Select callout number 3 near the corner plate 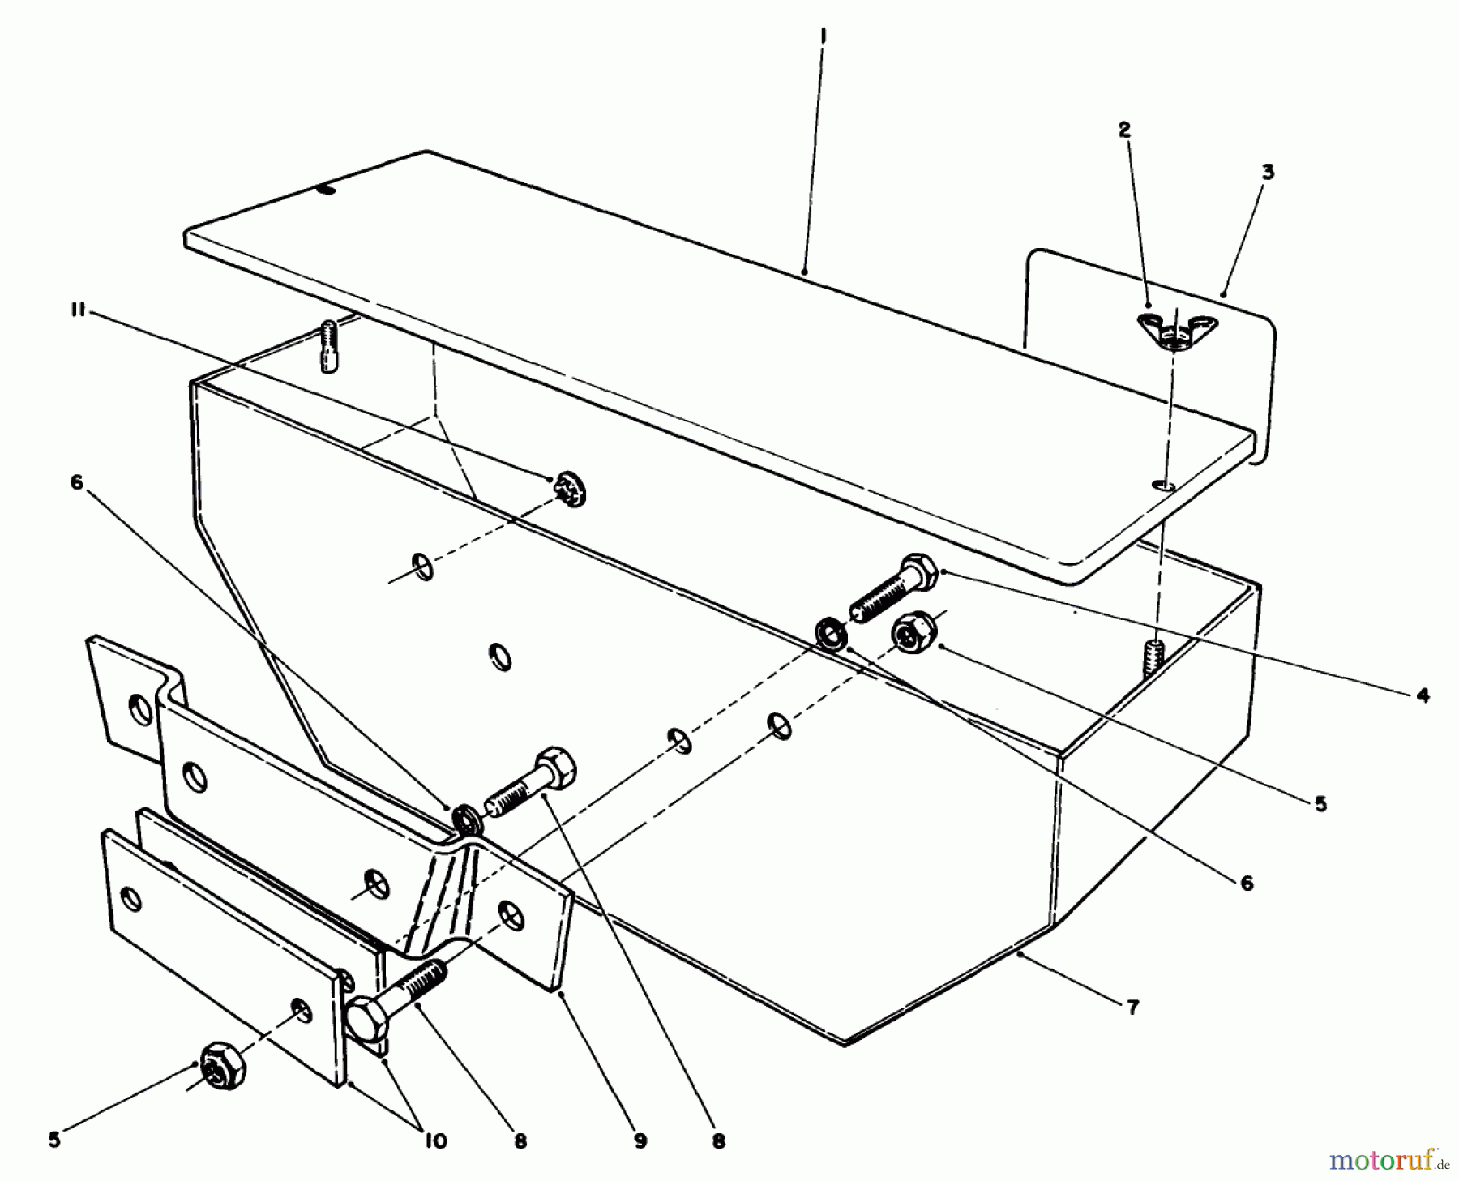tap(1268, 172)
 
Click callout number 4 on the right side tap(1423, 695)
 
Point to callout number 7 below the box tap(1133, 1008)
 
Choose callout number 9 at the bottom tap(640, 1141)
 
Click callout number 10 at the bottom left tap(435, 1141)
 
